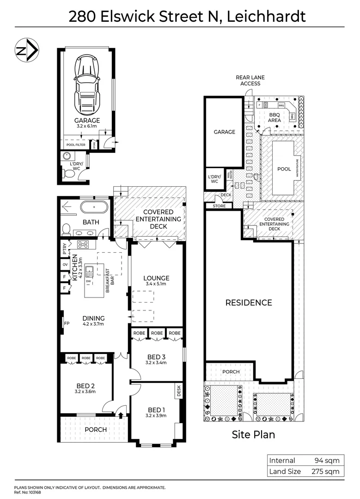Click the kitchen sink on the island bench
point(87,270)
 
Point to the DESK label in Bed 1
point(179,392)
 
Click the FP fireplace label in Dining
point(67,323)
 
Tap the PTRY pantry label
point(65,249)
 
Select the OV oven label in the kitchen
point(65,265)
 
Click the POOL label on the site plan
point(284,169)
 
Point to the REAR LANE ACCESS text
point(250,81)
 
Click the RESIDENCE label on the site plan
point(249,303)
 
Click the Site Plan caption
point(253,434)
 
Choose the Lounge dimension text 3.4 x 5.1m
point(156,284)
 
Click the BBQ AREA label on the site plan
point(275,117)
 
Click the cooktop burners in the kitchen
point(84,244)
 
